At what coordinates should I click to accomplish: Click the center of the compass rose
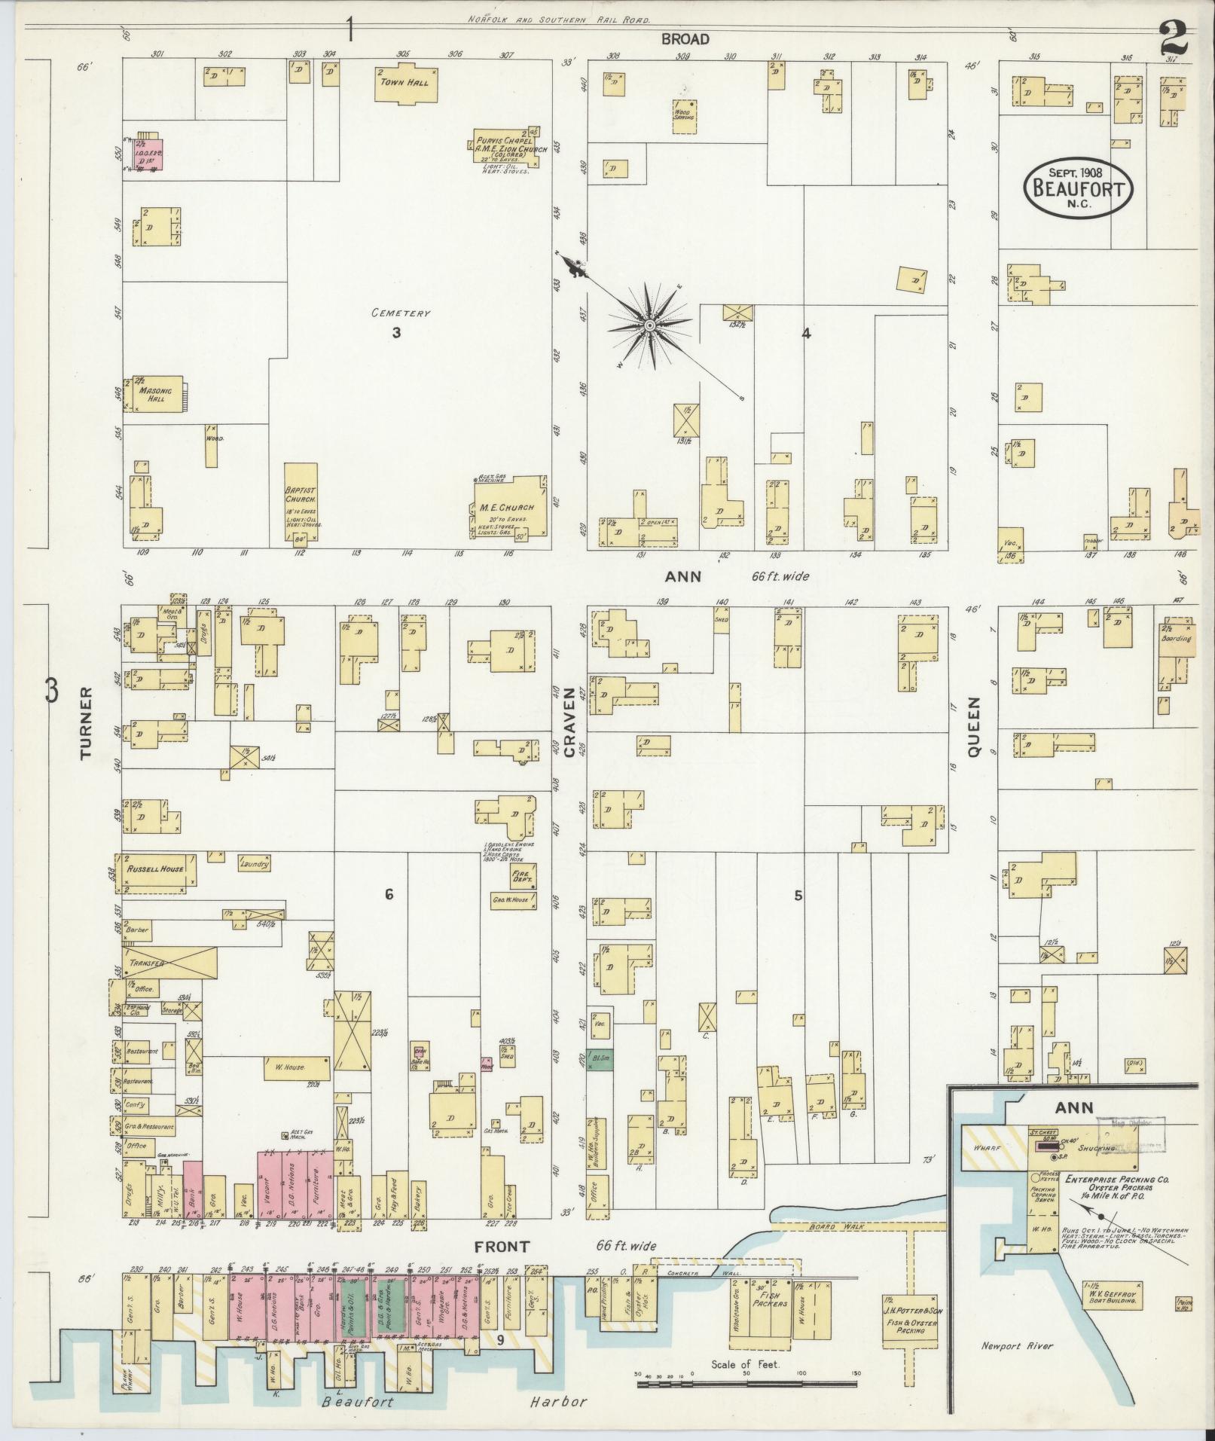pyautogui.click(x=649, y=325)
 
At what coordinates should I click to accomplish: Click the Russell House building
pyautogui.click(x=155, y=869)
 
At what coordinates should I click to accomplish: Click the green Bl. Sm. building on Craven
pyautogui.click(x=600, y=1063)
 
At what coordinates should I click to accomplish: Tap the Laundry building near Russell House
pyautogui.click(x=254, y=864)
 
